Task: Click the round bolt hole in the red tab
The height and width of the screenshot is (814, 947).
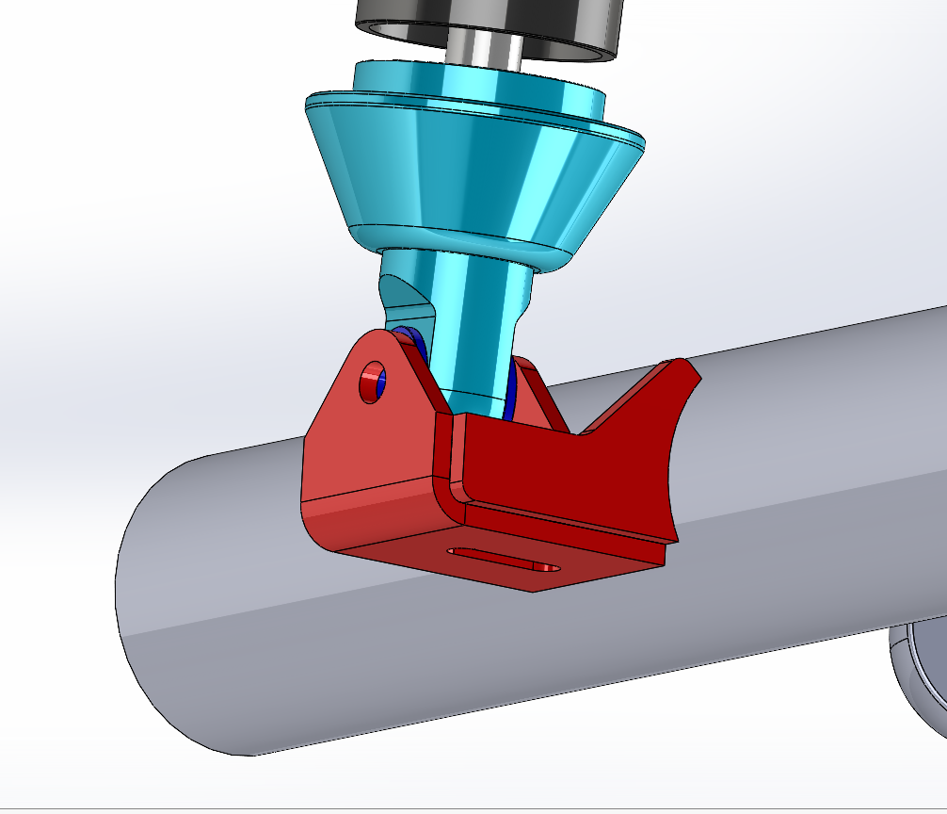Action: click(373, 383)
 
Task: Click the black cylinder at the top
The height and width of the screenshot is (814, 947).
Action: click(490, 24)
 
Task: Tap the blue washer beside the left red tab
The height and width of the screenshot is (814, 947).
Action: click(411, 345)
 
